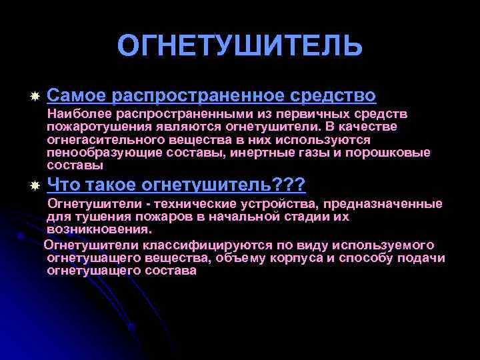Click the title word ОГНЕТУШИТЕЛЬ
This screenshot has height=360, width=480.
coord(240,46)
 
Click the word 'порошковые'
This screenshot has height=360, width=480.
coord(392,152)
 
